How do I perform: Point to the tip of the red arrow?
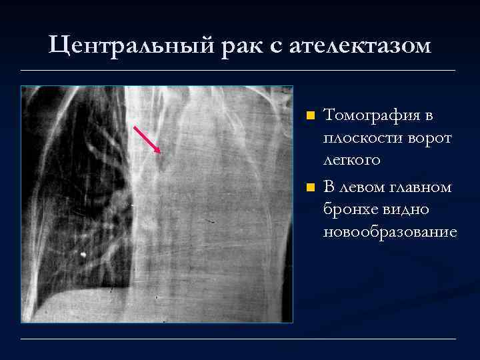pos(161,153)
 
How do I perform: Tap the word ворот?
pos(427,138)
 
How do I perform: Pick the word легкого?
pos(351,160)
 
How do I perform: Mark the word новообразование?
pos(390,231)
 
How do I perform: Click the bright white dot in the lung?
pos(83,254)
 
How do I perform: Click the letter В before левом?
pos(329,187)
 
